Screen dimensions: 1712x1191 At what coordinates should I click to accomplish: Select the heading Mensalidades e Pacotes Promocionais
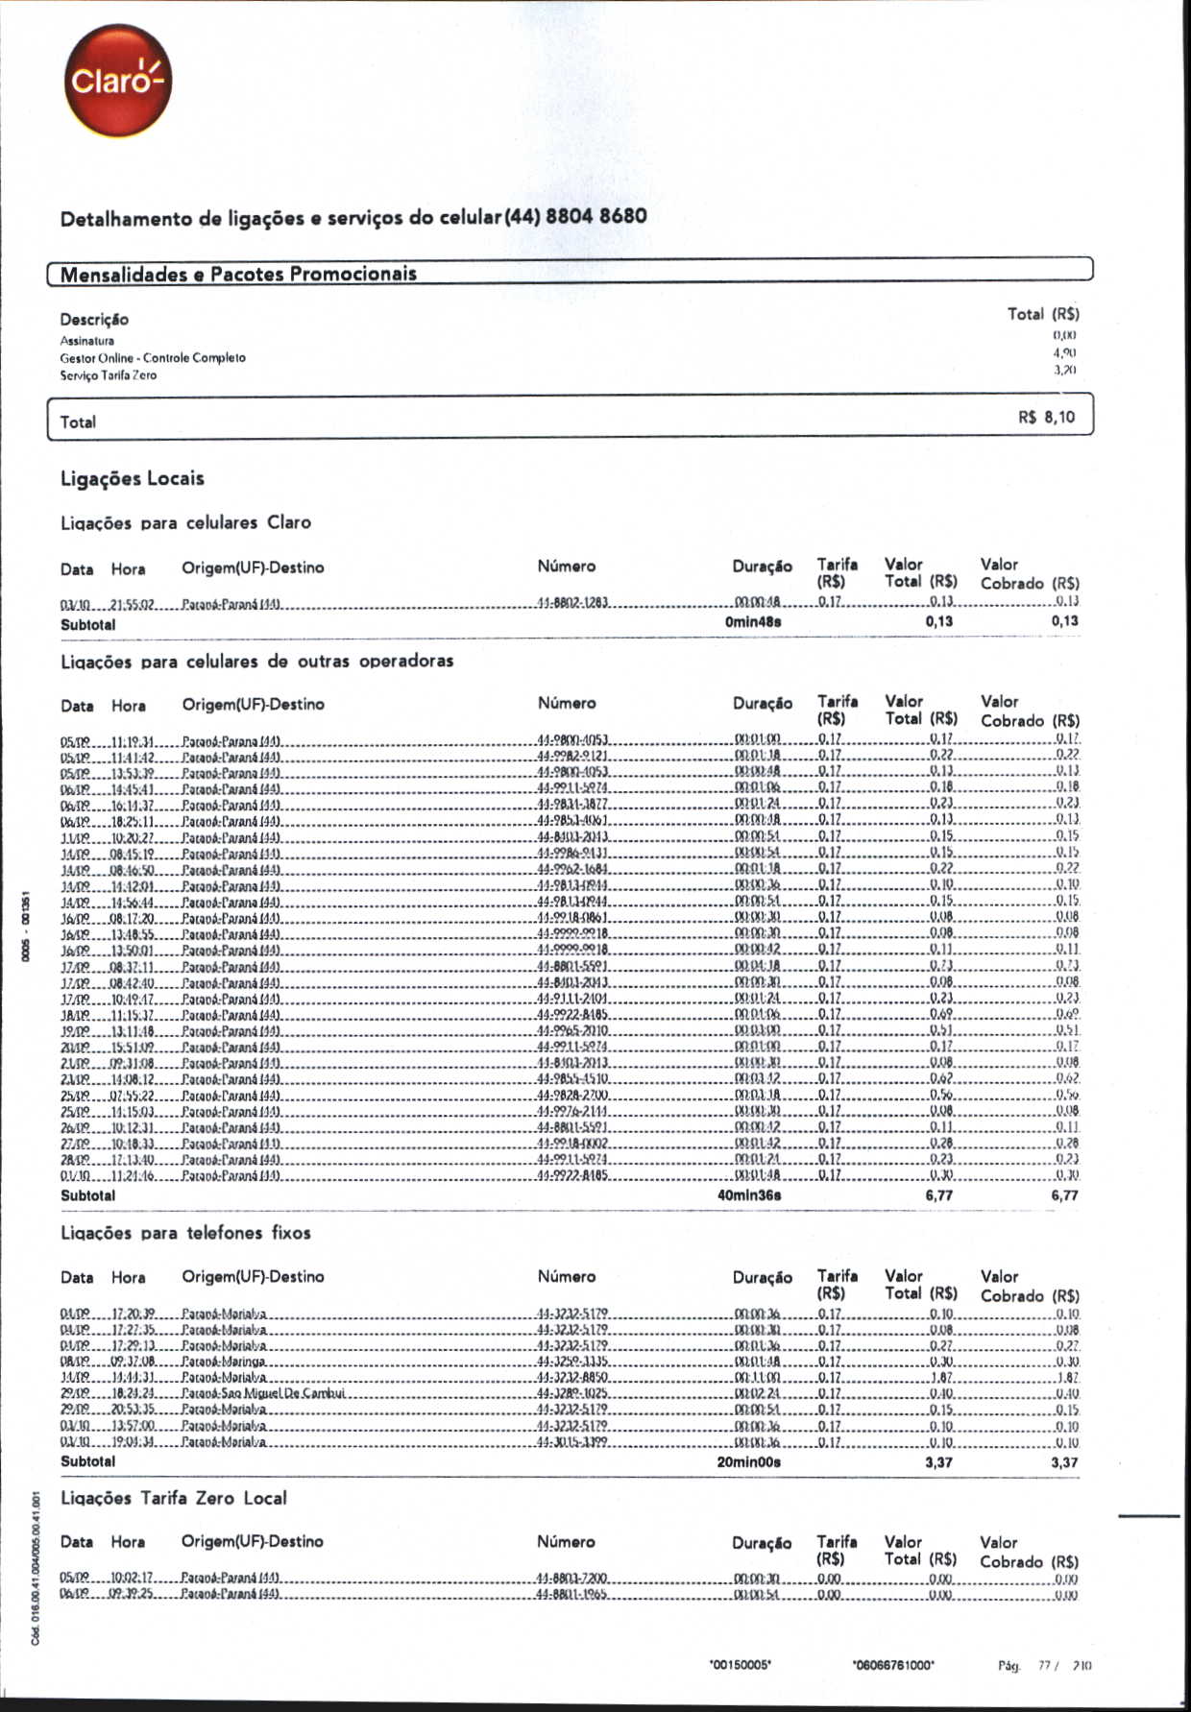pos(238,275)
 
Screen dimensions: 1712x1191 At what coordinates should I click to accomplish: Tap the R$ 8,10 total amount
pos(1046,418)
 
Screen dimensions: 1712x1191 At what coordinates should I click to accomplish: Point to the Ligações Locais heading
pos(133,478)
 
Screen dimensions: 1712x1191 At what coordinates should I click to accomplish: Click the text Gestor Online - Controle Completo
pos(153,358)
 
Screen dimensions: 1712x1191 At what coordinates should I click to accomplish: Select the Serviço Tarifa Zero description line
pos(109,375)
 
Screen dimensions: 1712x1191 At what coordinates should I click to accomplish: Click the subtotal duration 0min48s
pos(753,622)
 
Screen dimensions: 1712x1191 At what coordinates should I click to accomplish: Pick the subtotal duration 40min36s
pos(749,1195)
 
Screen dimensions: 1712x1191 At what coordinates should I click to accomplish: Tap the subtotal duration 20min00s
pos(749,1462)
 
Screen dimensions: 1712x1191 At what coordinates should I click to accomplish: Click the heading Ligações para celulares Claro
pos(185,523)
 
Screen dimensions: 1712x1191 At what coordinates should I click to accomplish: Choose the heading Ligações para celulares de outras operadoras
pos(257,662)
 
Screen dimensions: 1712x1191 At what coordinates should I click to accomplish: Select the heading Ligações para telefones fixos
pos(185,1233)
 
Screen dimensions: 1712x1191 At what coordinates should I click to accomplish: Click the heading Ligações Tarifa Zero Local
pos(173,1498)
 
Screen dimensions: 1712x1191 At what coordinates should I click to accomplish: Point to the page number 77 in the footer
pos(1045,1666)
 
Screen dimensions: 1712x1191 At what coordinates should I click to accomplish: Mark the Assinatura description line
pos(87,341)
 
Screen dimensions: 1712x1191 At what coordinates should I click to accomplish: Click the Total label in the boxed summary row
pos(78,422)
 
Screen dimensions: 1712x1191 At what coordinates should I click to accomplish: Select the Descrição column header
pos(94,320)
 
